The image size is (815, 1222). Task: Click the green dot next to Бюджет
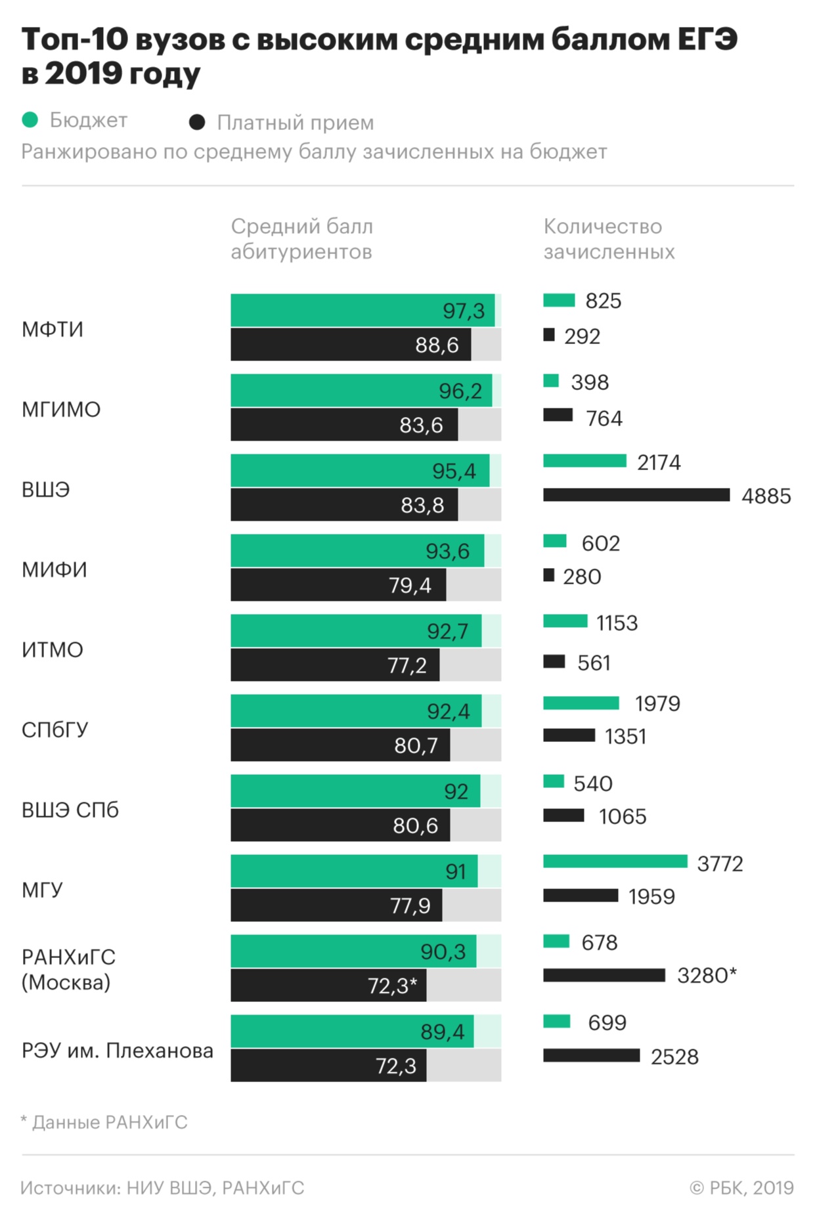coord(30,120)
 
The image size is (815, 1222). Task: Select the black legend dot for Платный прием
coord(196,122)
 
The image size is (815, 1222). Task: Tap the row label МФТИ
coord(53,329)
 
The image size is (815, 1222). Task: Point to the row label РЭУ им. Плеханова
coord(118,1051)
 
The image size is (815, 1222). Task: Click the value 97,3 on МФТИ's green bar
coord(463,311)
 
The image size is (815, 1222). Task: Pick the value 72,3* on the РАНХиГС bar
coord(392,986)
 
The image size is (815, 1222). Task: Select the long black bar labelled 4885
coord(636,495)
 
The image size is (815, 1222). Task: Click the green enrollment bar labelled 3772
coord(615,862)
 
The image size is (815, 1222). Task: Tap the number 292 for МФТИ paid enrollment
coord(582,336)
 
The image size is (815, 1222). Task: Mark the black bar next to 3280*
coord(604,975)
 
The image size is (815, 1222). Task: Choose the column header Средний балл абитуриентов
coord(301,239)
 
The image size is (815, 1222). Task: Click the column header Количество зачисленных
coord(609,239)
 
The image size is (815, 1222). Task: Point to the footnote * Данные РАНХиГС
coord(104,1122)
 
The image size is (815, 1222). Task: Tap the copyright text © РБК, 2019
coord(741,1188)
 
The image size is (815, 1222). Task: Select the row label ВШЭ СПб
coord(70,810)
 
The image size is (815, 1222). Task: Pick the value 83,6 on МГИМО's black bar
coord(421,425)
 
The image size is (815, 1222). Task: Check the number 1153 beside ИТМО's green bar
coord(617,622)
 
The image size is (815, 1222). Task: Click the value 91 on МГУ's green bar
coord(456,871)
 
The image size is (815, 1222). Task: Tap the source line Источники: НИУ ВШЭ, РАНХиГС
coord(162,1188)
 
